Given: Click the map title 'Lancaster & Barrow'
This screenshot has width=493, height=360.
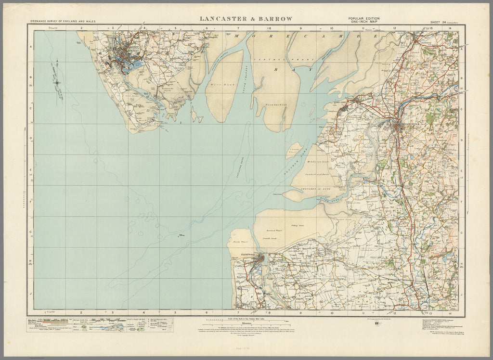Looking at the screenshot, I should [246, 19].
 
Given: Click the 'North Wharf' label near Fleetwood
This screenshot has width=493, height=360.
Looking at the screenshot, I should [239, 243].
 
